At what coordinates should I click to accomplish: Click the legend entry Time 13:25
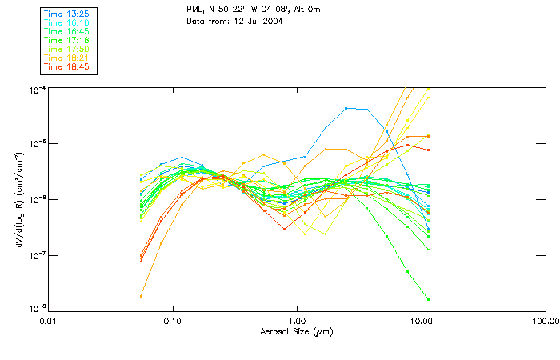coord(67,14)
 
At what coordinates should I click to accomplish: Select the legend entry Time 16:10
coord(67,23)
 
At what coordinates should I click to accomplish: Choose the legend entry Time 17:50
coord(67,50)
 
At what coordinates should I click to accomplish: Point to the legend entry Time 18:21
coord(67,58)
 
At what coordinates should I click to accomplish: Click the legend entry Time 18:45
coord(67,67)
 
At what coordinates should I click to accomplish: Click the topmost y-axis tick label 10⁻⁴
coord(38,88)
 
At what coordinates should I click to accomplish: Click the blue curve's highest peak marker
coord(346,108)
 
